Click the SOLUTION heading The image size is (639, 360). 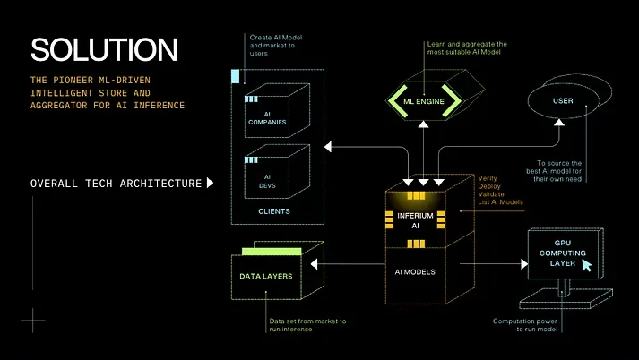pyautogui.click(x=104, y=49)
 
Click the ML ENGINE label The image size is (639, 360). pyautogui.click(x=424, y=101)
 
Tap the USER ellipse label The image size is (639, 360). pyautogui.click(x=563, y=100)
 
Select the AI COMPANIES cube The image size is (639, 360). pyautogui.click(x=277, y=110)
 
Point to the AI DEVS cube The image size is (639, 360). pyautogui.click(x=277, y=171)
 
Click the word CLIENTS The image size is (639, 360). pyautogui.click(x=274, y=211)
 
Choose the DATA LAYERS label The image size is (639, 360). pyautogui.click(x=265, y=276)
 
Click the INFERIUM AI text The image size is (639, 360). pyautogui.click(x=415, y=220)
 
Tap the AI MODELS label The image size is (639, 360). pyautogui.click(x=415, y=271)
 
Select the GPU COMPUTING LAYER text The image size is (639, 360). pyautogui.click(x=563, y=253)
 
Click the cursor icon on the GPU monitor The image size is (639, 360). pyautogui.click(x=587, y=265)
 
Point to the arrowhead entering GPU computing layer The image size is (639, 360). pyautogui.click(x=524, y=264)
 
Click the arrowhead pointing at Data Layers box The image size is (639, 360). pyautogui.click(x=314, y=264)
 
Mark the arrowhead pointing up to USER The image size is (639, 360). pyautogui.click(x=559, y=122)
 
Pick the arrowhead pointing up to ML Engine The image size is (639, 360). pyautogui.click(x=423, y=124)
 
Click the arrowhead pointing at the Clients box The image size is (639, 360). pyautogui.click(x=328, y=147)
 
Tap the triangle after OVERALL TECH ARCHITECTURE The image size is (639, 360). pyautogui.click(x=210, y=183)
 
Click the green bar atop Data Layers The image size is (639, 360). pyautogui.click(x=272, y=252)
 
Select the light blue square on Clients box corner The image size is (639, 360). pyautogui.click(x=235, y=76)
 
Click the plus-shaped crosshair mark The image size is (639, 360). pyautogui.click(x=32, y=320)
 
